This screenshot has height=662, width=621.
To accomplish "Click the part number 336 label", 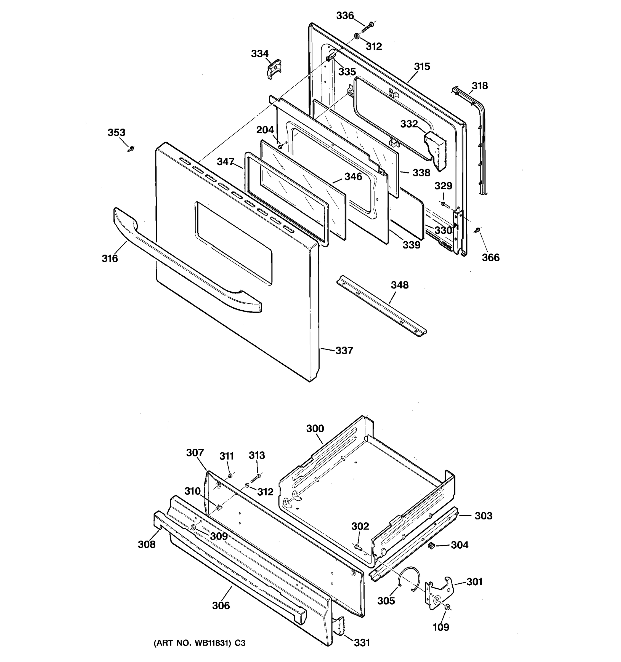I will click(344, 16).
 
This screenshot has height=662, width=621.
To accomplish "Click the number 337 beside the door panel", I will click(344, 350).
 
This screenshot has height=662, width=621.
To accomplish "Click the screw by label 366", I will click(477, 230).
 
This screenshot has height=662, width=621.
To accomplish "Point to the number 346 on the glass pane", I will click(353, 177).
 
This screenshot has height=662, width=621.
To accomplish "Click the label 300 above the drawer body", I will click(315, 428).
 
